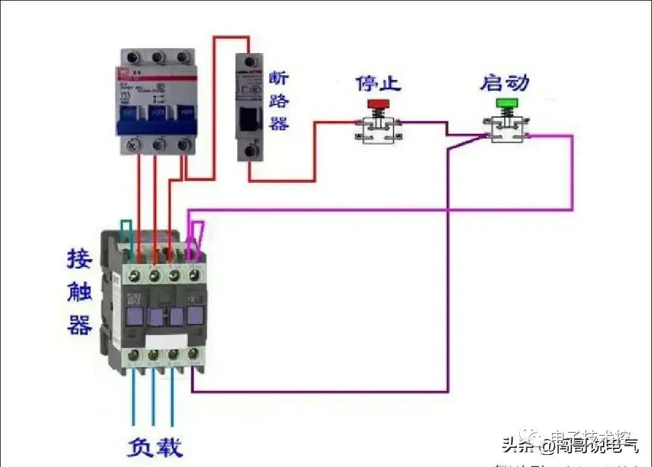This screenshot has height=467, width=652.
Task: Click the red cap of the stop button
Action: pyautogui.click(x=379, y=104)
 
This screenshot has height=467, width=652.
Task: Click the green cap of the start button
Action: pyautogui.click(x=507, y=103)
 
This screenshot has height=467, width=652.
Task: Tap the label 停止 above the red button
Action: pyautogui.click(x=378, y=83)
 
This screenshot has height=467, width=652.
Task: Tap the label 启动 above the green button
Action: pyautogui.click(x=505, y=82)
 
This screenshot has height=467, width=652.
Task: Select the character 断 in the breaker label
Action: pyautogui.click(x=278, y=78)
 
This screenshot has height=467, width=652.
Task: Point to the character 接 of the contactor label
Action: pyautogui.click(x=79, y=259)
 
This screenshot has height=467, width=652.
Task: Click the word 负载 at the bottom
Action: pyautogui.click(x=154, y=448)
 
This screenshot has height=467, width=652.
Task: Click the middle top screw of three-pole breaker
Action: pyautogui.click(x=158, y=58)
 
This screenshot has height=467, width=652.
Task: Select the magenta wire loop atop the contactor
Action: pyautogui.click(x=197, y=235)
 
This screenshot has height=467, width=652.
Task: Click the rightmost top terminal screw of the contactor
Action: pyautogui.click(x=194, y=275)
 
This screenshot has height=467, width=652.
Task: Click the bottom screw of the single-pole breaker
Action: pyautogui.click(x=249, y=150)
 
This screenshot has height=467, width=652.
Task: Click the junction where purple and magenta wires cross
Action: pyautogui.click(x=447, y=210)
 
